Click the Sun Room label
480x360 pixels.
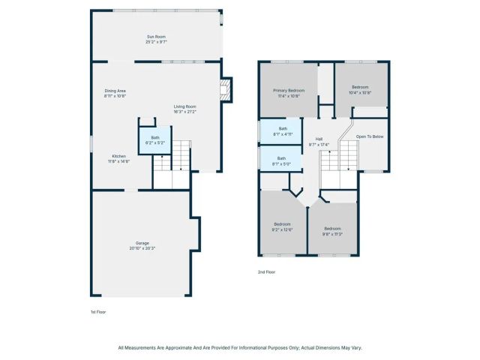[x=155, y=37]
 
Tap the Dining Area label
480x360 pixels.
[x=115, y=91]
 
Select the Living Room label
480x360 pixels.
[x=184, y=106]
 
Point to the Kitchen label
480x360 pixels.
[x=119, y=156]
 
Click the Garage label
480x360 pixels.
[x=142, y=243]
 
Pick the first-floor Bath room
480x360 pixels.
[x=155, y=139]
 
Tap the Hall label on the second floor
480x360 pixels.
[x=319, y=139]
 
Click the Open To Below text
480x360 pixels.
[x=370, y=136]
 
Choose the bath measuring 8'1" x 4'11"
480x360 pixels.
[x=283, y=131]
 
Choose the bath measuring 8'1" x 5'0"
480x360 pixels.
[x=283, y=160]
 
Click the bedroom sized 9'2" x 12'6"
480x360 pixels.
[x=282, y=226]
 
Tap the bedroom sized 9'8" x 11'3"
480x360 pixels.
[x=332, y=230]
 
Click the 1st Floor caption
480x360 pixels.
[x=98, y=310]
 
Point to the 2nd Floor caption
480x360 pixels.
[x=267, y=271]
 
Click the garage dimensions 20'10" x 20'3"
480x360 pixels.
[x=142, y=247]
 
